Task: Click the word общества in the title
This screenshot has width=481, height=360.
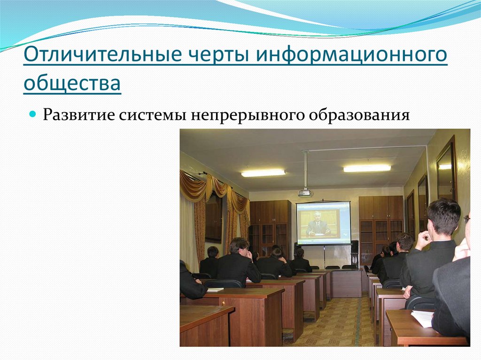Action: coord(72,84)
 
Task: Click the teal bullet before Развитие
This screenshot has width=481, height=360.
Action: coord(33,115)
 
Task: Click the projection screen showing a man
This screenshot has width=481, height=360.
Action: coord(323,223)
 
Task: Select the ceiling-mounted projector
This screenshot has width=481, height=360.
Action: coord(304,192)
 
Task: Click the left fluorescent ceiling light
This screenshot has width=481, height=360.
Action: coord(263,173)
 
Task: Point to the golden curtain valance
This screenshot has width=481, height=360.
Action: coord(214,188)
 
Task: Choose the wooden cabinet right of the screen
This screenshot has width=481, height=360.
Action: coord(380,221)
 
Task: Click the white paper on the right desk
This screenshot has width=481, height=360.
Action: coord(422,319)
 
